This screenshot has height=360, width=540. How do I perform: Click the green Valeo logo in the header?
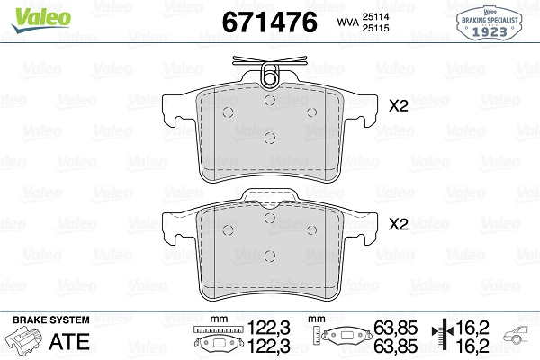pyautogui.click(x=41, y=20)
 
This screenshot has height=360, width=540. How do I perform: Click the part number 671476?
pyautogui.click(x=270, y=22)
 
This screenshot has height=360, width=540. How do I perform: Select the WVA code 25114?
pyautogui.click(x=375, y=16)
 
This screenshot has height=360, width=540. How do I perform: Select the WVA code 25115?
pyautogui.click(x=375, y=28)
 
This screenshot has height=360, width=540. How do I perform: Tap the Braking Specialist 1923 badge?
pyautogui.click(x=489, y=23)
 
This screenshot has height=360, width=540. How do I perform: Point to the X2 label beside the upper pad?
pyautogui.click(x=398, y=106)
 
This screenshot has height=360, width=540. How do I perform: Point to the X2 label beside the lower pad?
pyautogui.click(x=398, y=224)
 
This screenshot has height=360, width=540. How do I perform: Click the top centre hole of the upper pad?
pyautogui.click(x=270, y=100)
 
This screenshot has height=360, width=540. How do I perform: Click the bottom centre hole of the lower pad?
pyautogui.click(x=270, y=256)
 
